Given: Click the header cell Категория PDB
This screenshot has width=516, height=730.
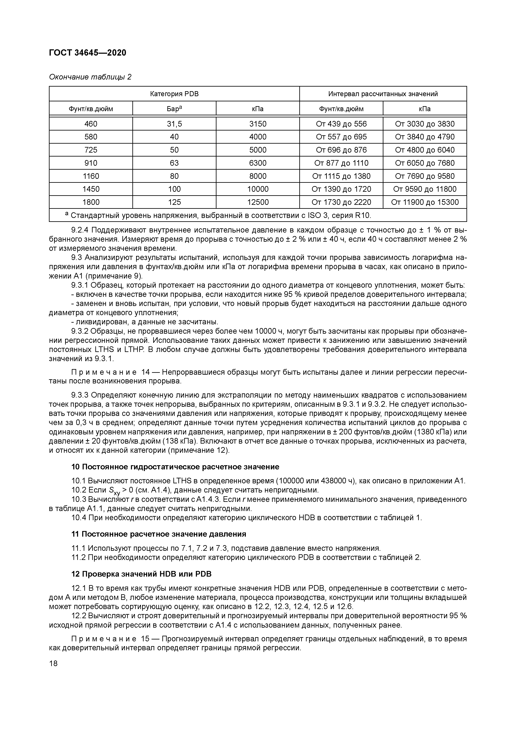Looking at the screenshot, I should pyautogui.click(x=174, y=94).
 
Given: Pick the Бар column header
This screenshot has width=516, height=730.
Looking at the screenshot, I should pyautogui.click(x=174, y=109).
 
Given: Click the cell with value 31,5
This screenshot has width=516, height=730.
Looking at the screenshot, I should pyautogui.click(x=174, y=124).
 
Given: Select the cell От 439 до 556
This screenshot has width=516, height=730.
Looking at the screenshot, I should pyautogui.click(x=341, y=124).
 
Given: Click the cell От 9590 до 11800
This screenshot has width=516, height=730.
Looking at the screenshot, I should pyautogui.click(x=425, y=189).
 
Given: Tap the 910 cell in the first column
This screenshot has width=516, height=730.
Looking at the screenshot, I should pyautogui.click(x=91, y=163).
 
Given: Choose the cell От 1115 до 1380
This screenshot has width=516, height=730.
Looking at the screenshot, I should pyautogui.click(x=341, y=176).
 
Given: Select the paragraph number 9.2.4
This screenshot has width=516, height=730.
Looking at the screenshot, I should pyautogui.click(x=80, y=230).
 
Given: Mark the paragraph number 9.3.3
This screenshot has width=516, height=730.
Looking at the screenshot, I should pyautogui.click(x=80, y=395).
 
